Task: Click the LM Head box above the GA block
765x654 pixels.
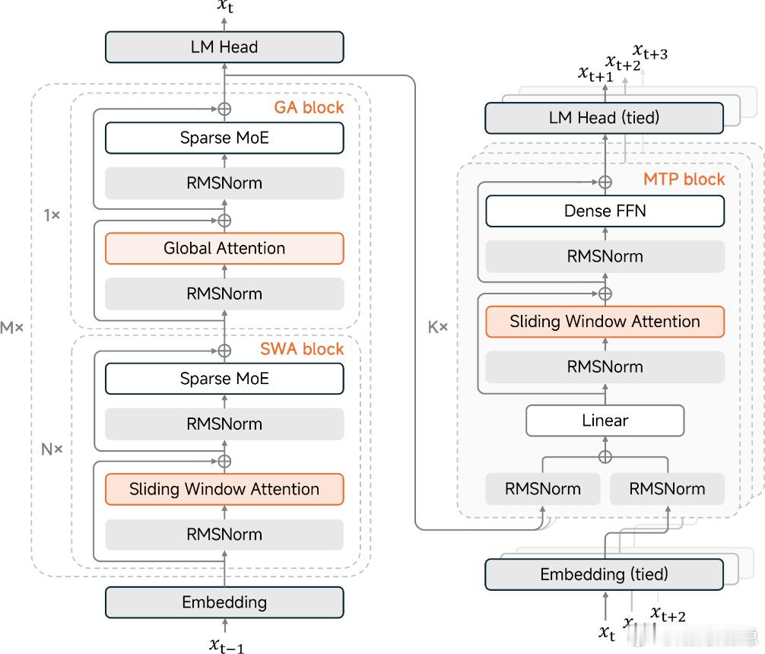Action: (224, 47)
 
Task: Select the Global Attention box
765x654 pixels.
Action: (224, 249)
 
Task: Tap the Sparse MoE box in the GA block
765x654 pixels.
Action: (224, 138)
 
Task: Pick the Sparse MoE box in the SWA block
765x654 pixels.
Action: (224, 379)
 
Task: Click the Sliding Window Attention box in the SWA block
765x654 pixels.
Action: (224, 489)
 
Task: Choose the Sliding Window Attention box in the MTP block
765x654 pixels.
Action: (605, 322)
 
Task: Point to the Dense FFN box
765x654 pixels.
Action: (605, 211)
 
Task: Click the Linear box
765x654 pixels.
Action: (605, 421)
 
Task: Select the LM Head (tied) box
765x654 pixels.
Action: (605, 119)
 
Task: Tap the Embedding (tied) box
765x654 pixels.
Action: (605, 574)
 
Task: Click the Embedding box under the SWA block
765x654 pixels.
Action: (224, 603)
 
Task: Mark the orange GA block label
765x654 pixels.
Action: (313, 107)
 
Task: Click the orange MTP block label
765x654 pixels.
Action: (684, 180)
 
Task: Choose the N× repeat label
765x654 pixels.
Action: (52, 449)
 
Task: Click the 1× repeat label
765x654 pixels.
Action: (52, 215)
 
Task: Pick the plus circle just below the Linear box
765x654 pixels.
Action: (605, 456)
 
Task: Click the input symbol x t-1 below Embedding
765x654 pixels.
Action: (226, 646)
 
